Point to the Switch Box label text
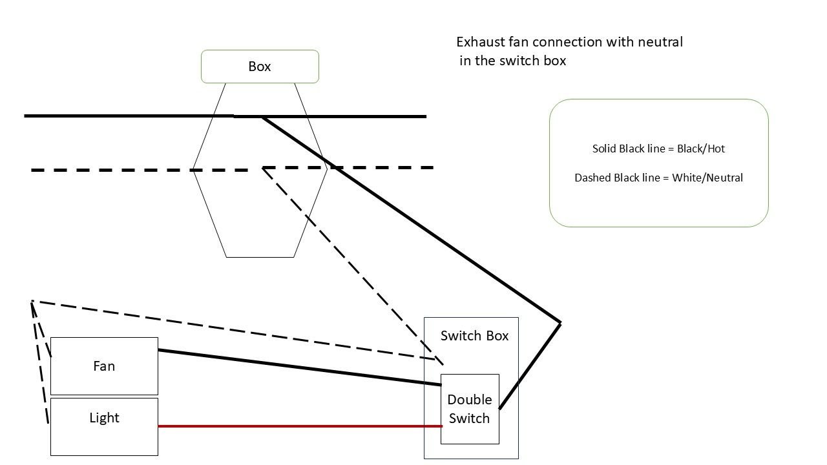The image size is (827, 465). point(474,336)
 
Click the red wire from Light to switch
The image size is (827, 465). point(300,426)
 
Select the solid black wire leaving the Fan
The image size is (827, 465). point(300,367)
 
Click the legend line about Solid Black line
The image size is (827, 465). point(658,149)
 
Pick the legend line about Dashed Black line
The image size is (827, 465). point(658,178)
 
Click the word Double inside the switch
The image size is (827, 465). point(470,400)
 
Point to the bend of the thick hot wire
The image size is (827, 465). point(560,323)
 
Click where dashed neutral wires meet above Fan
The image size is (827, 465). point(32,302)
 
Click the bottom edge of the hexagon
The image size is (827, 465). point(260,257)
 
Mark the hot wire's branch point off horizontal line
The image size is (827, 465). point(262,118)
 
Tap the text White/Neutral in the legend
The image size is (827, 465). point(707,178)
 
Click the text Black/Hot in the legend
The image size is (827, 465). point(701,149)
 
